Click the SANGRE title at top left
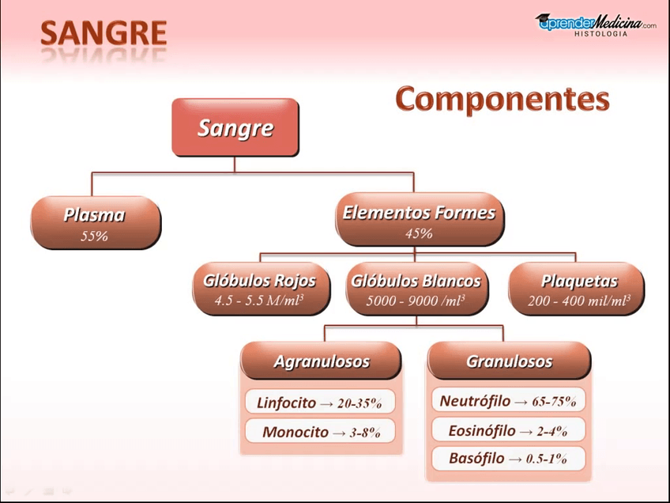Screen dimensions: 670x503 (104, 33)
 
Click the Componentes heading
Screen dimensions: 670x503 (502, 99)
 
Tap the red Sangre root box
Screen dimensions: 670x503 (235, 127)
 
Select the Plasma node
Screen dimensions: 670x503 (96, 222)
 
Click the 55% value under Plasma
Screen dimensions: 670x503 (95, 236)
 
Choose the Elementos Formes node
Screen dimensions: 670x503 (420, 219)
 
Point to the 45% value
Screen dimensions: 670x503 (420, 233)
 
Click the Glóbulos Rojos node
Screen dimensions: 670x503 (261, 289)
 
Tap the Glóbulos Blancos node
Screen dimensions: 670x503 (416, 289)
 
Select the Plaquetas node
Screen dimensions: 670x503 (577, 289)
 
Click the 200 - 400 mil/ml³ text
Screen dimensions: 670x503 (579, 301)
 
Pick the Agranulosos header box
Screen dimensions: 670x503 (321, 361)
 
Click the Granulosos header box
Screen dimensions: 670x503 (510, 361)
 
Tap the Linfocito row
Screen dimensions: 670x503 (320, 402)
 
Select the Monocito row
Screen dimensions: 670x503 (320, 431)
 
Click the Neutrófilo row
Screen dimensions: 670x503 (509, 400)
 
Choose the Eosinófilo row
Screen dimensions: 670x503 (509, 430)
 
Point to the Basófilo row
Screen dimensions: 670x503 (509, 459)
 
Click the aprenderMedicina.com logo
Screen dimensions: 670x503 (596, 22)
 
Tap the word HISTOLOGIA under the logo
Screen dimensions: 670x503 (600, 34)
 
